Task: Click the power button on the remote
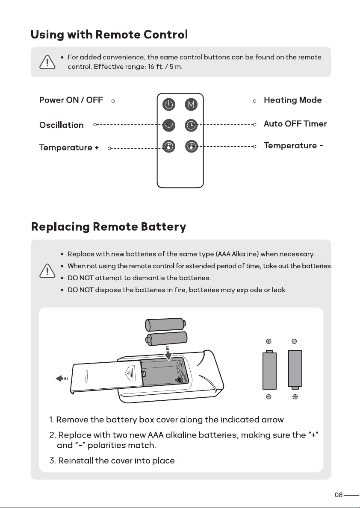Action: (x=168, y=104)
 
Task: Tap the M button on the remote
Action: (x=191, y=104)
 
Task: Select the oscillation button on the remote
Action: (x=168, y=125)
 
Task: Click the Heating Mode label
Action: (x=292, y=100)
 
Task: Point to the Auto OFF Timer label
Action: (x=295, y=124)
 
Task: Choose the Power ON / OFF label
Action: (x=71, y=100)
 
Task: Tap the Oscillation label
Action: (x=61, y=125)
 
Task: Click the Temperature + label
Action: (x=69, y=148)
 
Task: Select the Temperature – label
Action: (x=293, y=146)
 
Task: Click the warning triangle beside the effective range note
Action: (x=47, y=62)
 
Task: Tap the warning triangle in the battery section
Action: (x=47, y=271)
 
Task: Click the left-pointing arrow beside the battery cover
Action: (x=62, y=379)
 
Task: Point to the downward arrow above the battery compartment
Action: (x=168, y=353)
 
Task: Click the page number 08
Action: (x=339, y=495)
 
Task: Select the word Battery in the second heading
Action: (x=163, y=227)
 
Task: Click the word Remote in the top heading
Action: (x=118, y=35)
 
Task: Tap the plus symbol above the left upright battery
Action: (x=269, y=341)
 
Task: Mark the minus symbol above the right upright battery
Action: (x=294, y=341)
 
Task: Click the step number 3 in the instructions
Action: (x=53, y=461)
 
